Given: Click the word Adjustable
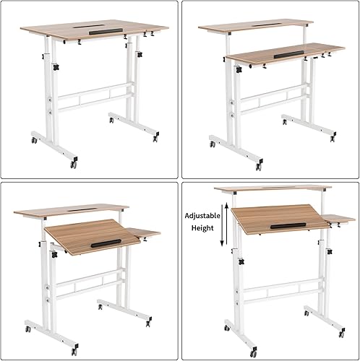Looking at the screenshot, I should coord(203,215).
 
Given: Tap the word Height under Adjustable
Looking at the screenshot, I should coord(202,226).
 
